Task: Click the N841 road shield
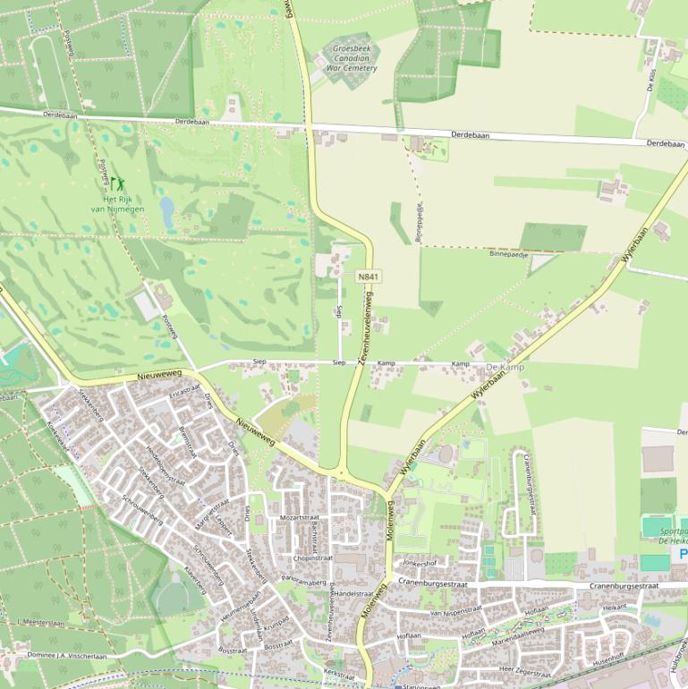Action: point(368,277)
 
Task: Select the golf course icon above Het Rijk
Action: point(117,185)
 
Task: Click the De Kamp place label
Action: point(505,368)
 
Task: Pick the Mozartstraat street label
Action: point(299,518)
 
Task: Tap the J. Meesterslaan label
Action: point(41,622)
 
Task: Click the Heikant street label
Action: point(615,607)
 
